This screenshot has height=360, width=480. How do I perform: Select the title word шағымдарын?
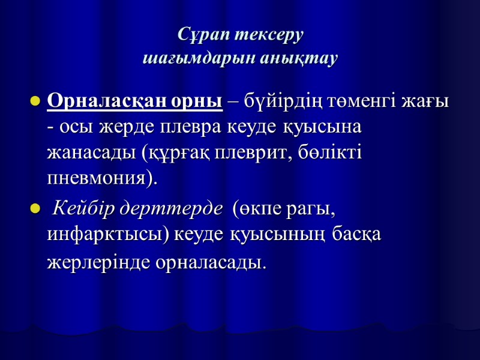(194, 59)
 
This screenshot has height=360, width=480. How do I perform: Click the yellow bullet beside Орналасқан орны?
(34, 100)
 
